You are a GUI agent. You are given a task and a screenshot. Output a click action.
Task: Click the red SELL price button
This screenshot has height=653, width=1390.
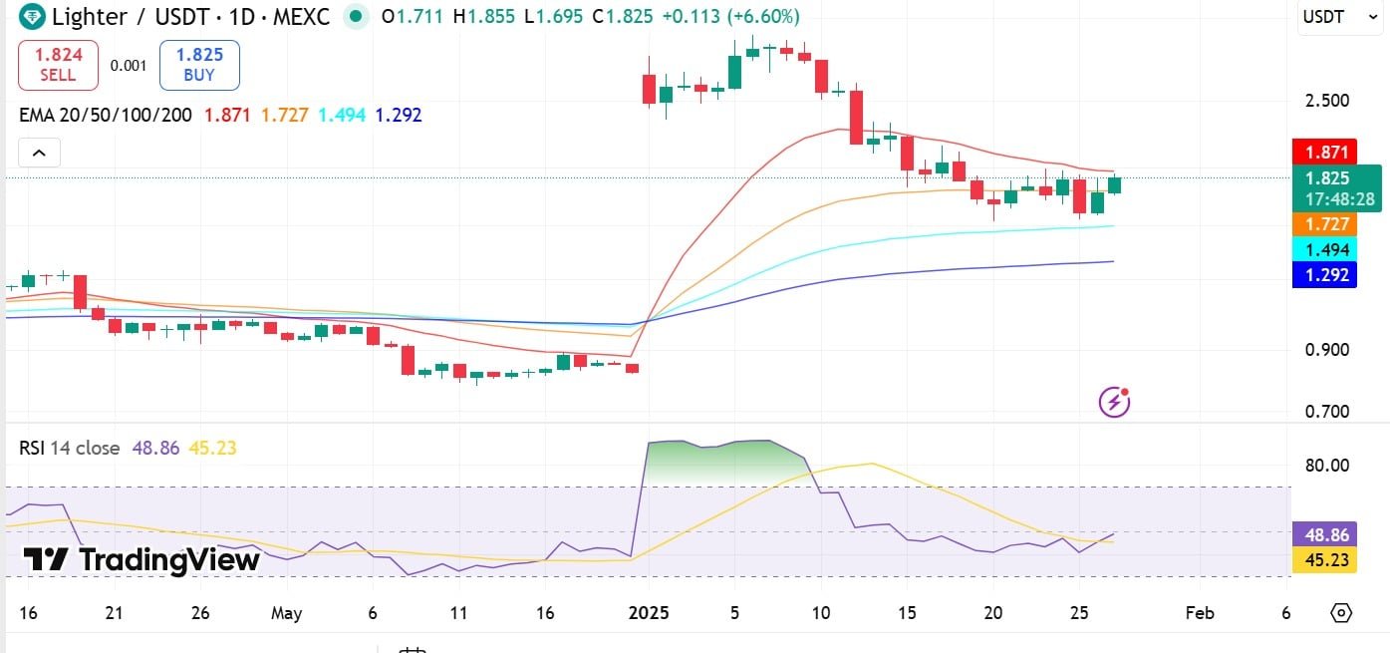tap(58, 65)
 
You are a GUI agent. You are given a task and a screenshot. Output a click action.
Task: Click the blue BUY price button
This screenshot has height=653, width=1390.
tap(199, 65)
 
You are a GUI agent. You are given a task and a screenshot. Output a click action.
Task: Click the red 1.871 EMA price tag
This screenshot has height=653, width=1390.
tap(1324, 152)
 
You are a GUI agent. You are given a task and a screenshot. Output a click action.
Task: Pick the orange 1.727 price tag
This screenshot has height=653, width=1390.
tap(1324, 224)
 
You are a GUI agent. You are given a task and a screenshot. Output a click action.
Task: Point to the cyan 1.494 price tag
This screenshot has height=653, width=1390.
tap(1324, 249)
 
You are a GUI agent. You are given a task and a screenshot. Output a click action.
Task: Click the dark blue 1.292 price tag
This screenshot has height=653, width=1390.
tap(1324, 274)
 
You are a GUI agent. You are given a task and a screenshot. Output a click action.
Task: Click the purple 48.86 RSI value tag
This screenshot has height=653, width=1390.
tap(1324, 535)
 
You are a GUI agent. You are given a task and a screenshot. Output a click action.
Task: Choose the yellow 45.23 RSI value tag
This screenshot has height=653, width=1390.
tap(1324, 560)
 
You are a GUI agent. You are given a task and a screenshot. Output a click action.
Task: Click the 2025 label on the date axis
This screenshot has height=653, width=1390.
tap(649, 612)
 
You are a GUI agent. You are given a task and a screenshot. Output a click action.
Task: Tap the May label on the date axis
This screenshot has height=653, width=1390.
tap(285, 612)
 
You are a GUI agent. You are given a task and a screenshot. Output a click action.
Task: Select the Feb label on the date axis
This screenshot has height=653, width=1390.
tap(1200, 612)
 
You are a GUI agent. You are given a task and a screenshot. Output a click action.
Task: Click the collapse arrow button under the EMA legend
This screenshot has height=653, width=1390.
tap(39, 153)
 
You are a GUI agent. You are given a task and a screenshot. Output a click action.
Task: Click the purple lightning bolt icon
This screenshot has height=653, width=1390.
tap(1114, 402)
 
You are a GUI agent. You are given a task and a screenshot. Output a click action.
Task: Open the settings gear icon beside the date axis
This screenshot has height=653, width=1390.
tap(1341, 612)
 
